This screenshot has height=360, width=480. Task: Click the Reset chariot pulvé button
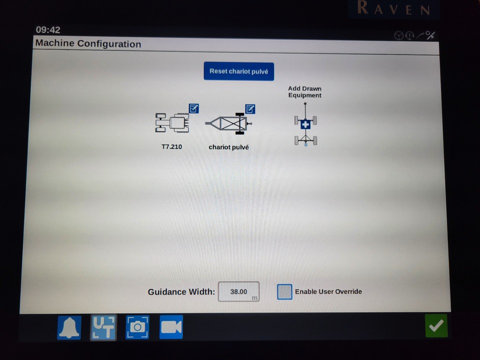[x=238, y=71]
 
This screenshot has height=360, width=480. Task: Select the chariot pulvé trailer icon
[x=229, y=123]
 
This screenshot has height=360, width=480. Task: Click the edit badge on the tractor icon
[x=194, y=108]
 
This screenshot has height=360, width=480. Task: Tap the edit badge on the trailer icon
[x=250, y=109]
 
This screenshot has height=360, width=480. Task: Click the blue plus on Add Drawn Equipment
[x=305, y=124]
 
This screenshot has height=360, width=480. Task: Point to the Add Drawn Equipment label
[x=304, y=92]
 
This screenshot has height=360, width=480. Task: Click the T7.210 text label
[x=171, y=147]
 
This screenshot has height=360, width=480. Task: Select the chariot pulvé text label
[x=228, y=147]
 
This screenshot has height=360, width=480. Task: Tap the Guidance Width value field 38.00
[x=238, y=292]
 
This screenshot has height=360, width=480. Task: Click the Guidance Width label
[x=181, y=292]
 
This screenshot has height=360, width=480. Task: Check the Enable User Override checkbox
[x=284, y=292]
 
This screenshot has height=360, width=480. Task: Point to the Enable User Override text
[x=328, y=292]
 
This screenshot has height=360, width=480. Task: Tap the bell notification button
[x=69, y=327]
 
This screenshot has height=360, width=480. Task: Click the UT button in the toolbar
[x=103, y=327]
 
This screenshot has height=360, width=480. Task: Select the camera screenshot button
[x=137, y=327]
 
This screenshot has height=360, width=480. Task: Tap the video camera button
[x=171, y=327]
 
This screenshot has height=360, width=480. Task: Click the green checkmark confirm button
[x=436, y=326]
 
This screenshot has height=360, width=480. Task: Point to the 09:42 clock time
[x=48, y=30]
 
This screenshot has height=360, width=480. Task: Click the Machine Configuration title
[x=88, y=44]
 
